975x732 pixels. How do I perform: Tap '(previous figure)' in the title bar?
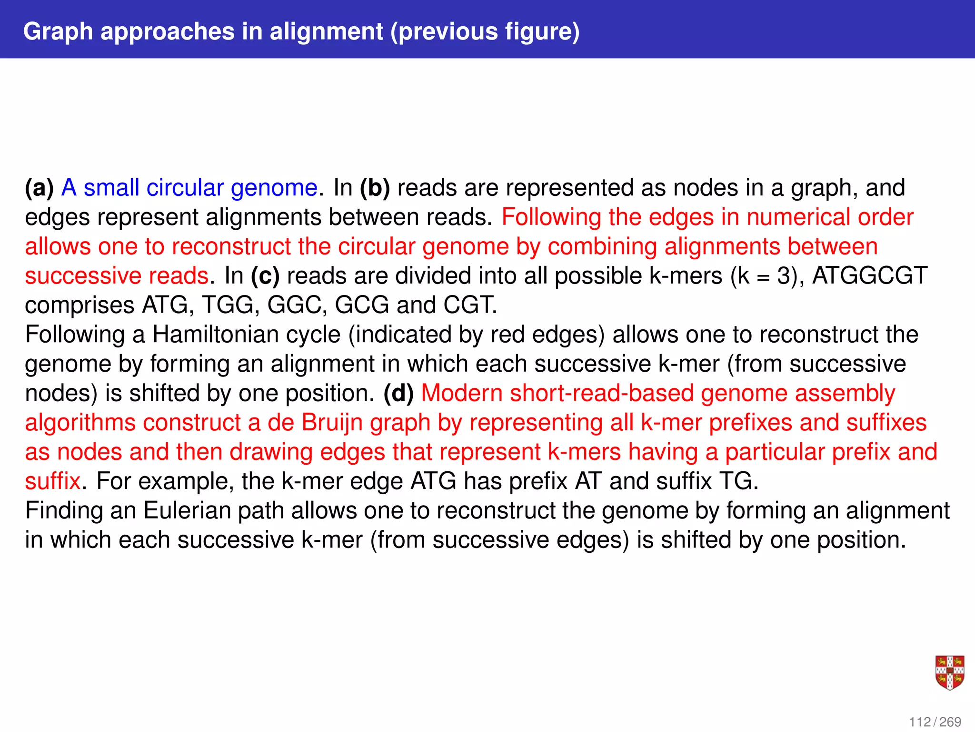485,31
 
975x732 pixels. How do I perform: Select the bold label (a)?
39,188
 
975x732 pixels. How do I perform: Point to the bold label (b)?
375,188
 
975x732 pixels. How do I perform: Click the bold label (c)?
265,276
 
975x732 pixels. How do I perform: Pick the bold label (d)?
398,394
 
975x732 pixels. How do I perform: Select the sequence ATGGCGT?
869,276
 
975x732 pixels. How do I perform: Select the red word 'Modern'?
462,394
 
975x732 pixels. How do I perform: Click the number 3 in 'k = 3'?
784,276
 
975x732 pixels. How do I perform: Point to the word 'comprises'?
80,305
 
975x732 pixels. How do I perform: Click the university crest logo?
950,672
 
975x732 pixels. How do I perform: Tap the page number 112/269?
935,722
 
